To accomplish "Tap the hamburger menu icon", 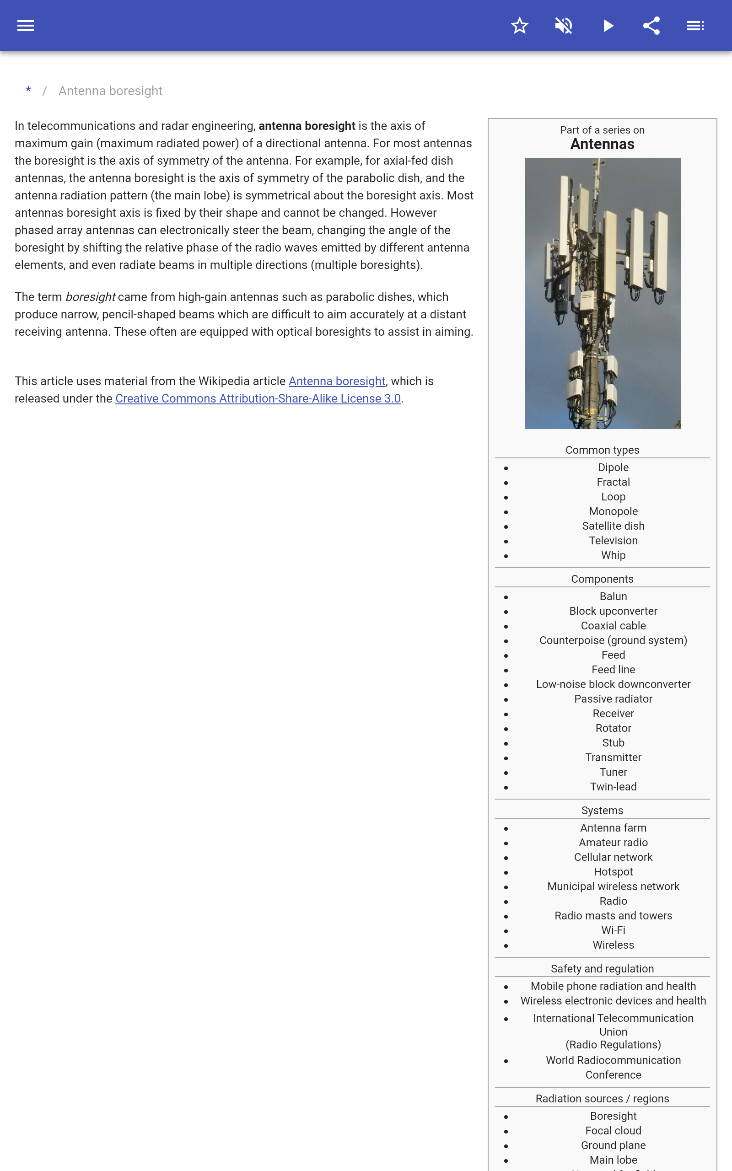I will pos(26,26).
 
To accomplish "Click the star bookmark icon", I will pos(519,26).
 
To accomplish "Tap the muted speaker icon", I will pos(564,26).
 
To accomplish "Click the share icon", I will pos(651,26).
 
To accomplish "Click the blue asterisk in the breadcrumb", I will pos(28,91).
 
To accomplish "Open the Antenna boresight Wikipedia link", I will pos(337,381).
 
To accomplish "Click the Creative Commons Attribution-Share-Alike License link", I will pos(258,399).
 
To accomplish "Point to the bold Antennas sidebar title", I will pos(602,144).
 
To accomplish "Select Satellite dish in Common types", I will pos(613,526).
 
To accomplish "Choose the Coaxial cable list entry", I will pos(613,626).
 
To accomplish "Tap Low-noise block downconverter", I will pos(613,684).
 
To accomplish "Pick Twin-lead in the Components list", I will pos(613,787).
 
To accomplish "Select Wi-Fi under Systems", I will pos(613,930).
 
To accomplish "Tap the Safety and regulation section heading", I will pos(602,968).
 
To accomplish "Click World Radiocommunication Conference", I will pos(613,1067).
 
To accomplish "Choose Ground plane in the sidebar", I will pos(613,1145).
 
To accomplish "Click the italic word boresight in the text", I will pos(91,297).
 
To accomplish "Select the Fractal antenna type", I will pos(613,482).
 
